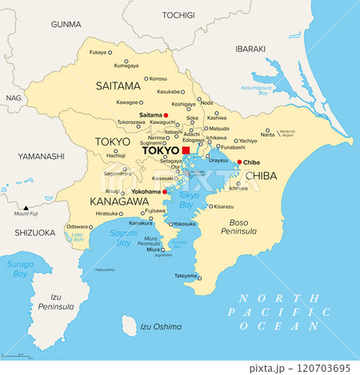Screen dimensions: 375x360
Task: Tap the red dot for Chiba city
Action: point(240,162)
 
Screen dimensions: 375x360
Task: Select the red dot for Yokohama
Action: point(165,192)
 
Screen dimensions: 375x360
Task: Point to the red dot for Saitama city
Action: point(166,115)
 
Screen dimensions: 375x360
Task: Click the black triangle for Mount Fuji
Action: point(26,206)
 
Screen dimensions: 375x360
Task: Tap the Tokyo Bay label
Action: point(190,199)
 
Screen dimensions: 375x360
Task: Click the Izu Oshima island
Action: point(129,325)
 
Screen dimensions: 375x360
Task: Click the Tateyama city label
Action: point(186,276)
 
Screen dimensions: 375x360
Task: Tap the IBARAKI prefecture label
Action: point(250,50)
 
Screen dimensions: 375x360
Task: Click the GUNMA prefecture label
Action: point(66,24)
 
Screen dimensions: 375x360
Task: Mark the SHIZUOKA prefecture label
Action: point(34,233)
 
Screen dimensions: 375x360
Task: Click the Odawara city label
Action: point(78,227)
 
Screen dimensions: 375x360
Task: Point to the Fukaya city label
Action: point(98,53)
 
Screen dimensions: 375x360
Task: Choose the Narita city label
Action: point(268,135)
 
